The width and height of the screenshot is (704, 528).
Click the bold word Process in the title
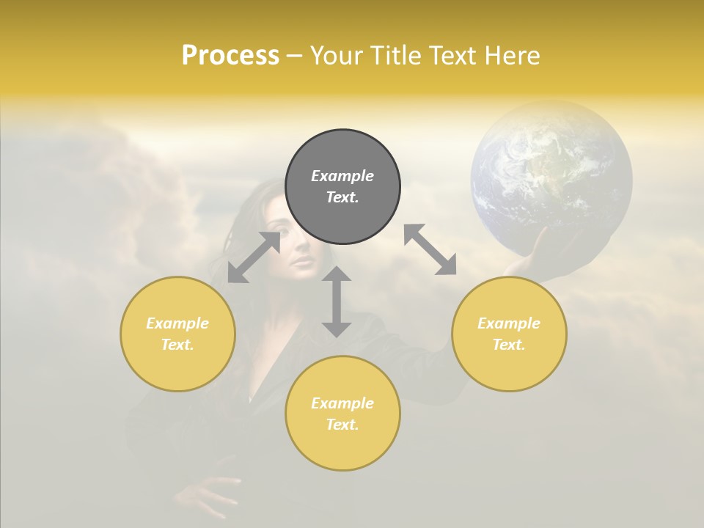(230, 56)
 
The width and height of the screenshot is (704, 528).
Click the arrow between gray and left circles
(254, 257)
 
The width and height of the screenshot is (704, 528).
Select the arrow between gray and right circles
(430, 249)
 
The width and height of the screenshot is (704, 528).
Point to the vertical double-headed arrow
(337, 301)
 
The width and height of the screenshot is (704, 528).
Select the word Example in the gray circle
(342, 176)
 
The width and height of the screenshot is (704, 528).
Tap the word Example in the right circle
(509, 323)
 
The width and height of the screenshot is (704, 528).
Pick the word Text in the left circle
(177, 345)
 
